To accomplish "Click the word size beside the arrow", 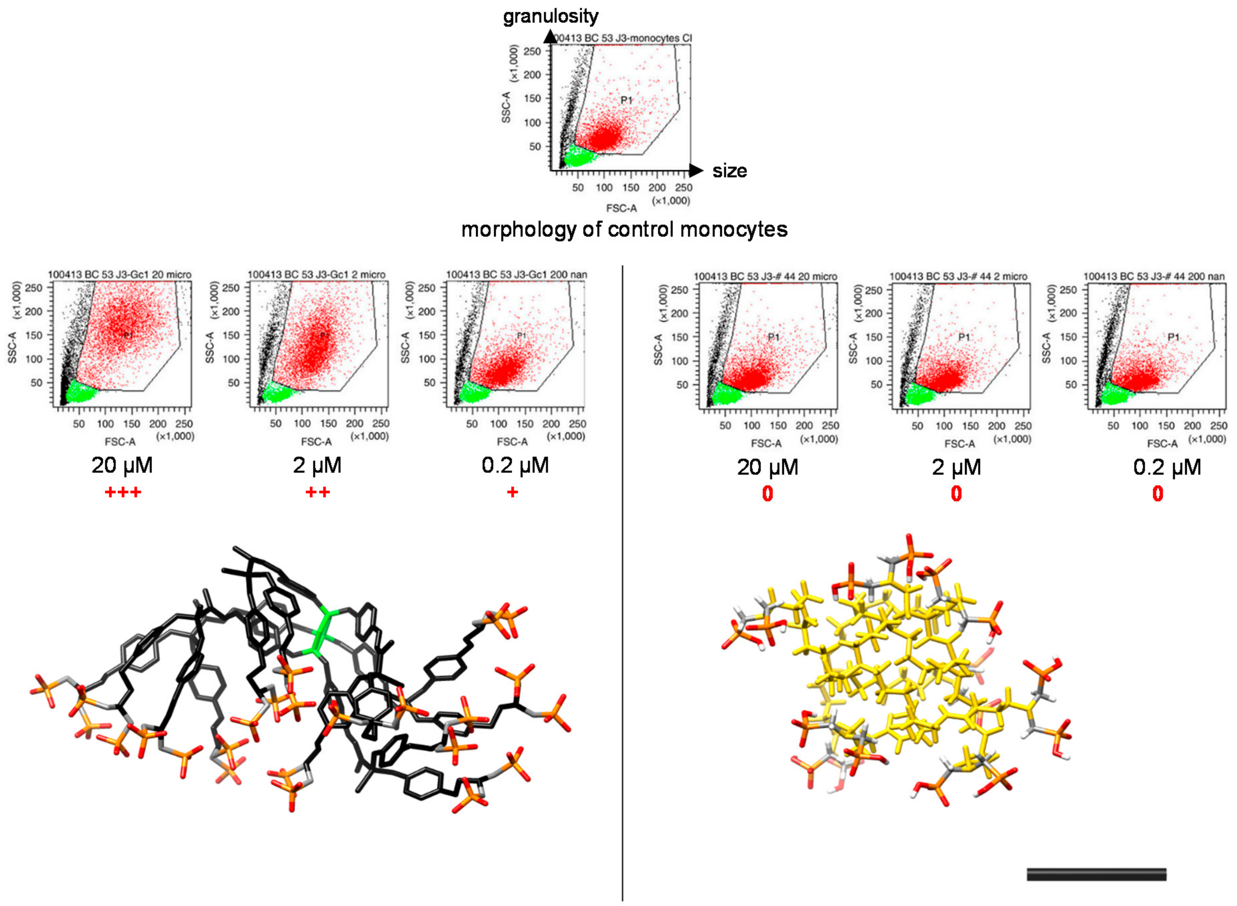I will coord(729,171).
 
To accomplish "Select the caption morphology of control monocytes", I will coord(624,229).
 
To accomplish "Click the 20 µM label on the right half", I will coord(767,467).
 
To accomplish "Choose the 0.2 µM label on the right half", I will coord(1167,467).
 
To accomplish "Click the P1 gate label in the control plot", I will coord(626,100).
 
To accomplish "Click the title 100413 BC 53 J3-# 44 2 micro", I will coord(958,276).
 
